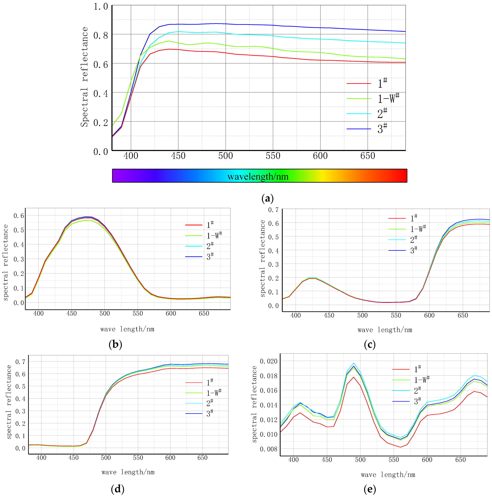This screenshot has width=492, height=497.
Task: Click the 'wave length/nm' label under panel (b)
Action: [127, 329]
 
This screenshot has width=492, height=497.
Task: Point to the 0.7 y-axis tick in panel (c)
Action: [273, 210]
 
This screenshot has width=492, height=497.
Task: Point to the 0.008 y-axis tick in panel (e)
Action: [268, 449]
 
